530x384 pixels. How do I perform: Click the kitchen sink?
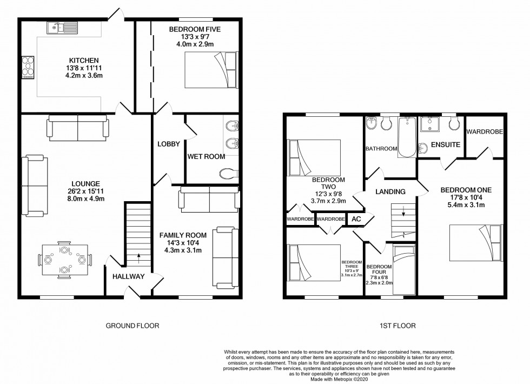coord(63,28)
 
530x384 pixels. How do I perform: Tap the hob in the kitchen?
coord(28,68)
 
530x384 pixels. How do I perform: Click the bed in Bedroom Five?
coord(211,70)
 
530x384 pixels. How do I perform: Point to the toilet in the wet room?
coord(228,174)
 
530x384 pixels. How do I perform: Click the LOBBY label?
coord(169,144)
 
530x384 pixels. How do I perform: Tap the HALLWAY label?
coord(129,276)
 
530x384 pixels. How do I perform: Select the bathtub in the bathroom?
coord(407,137)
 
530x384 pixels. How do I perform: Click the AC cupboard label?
coord(356,219)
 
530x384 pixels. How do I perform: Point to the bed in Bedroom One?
coord(476,243)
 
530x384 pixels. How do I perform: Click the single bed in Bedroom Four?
coord(405,270)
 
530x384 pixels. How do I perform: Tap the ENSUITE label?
coord(446,145)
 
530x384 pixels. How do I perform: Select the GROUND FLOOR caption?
coord(132,326)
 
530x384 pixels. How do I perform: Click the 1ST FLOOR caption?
coord(398,326)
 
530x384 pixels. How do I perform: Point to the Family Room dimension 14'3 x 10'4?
coord(183,243)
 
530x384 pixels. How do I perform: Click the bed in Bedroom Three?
coord(314,263)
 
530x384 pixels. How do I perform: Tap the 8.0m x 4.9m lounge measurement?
coord(86,199)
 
